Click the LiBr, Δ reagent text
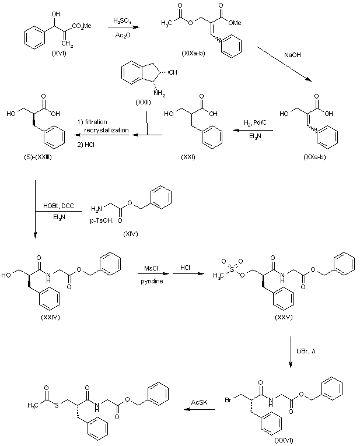(x=309, y=356)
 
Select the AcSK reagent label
(x=200, y=401)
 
